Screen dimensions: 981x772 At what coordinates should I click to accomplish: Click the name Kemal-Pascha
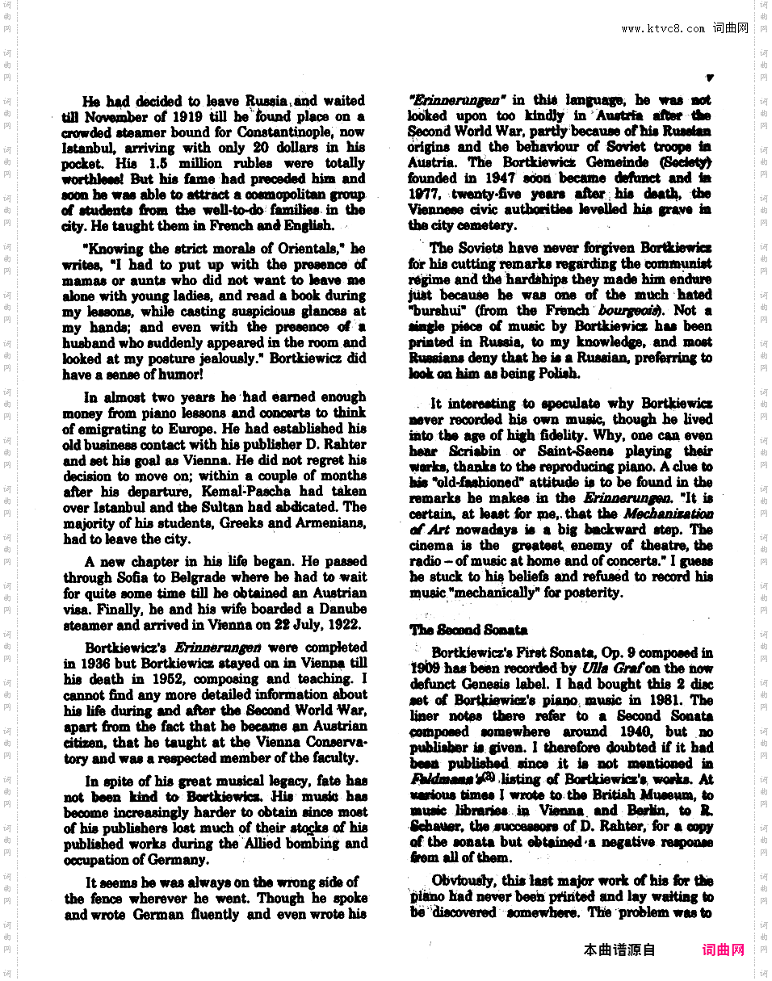click(257, 492)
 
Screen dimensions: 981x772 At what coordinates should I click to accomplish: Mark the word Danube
click(342, 610)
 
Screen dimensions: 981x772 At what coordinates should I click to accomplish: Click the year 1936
click(79, 664)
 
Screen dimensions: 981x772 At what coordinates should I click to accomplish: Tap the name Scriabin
click(472, 451)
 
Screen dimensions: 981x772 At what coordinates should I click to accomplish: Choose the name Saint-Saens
click(576, 451)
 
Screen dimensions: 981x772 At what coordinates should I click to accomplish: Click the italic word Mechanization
click(667, 514)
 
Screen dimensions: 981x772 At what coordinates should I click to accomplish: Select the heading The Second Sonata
click(468, 631)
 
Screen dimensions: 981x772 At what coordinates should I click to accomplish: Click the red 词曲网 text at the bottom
click(723, 950)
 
